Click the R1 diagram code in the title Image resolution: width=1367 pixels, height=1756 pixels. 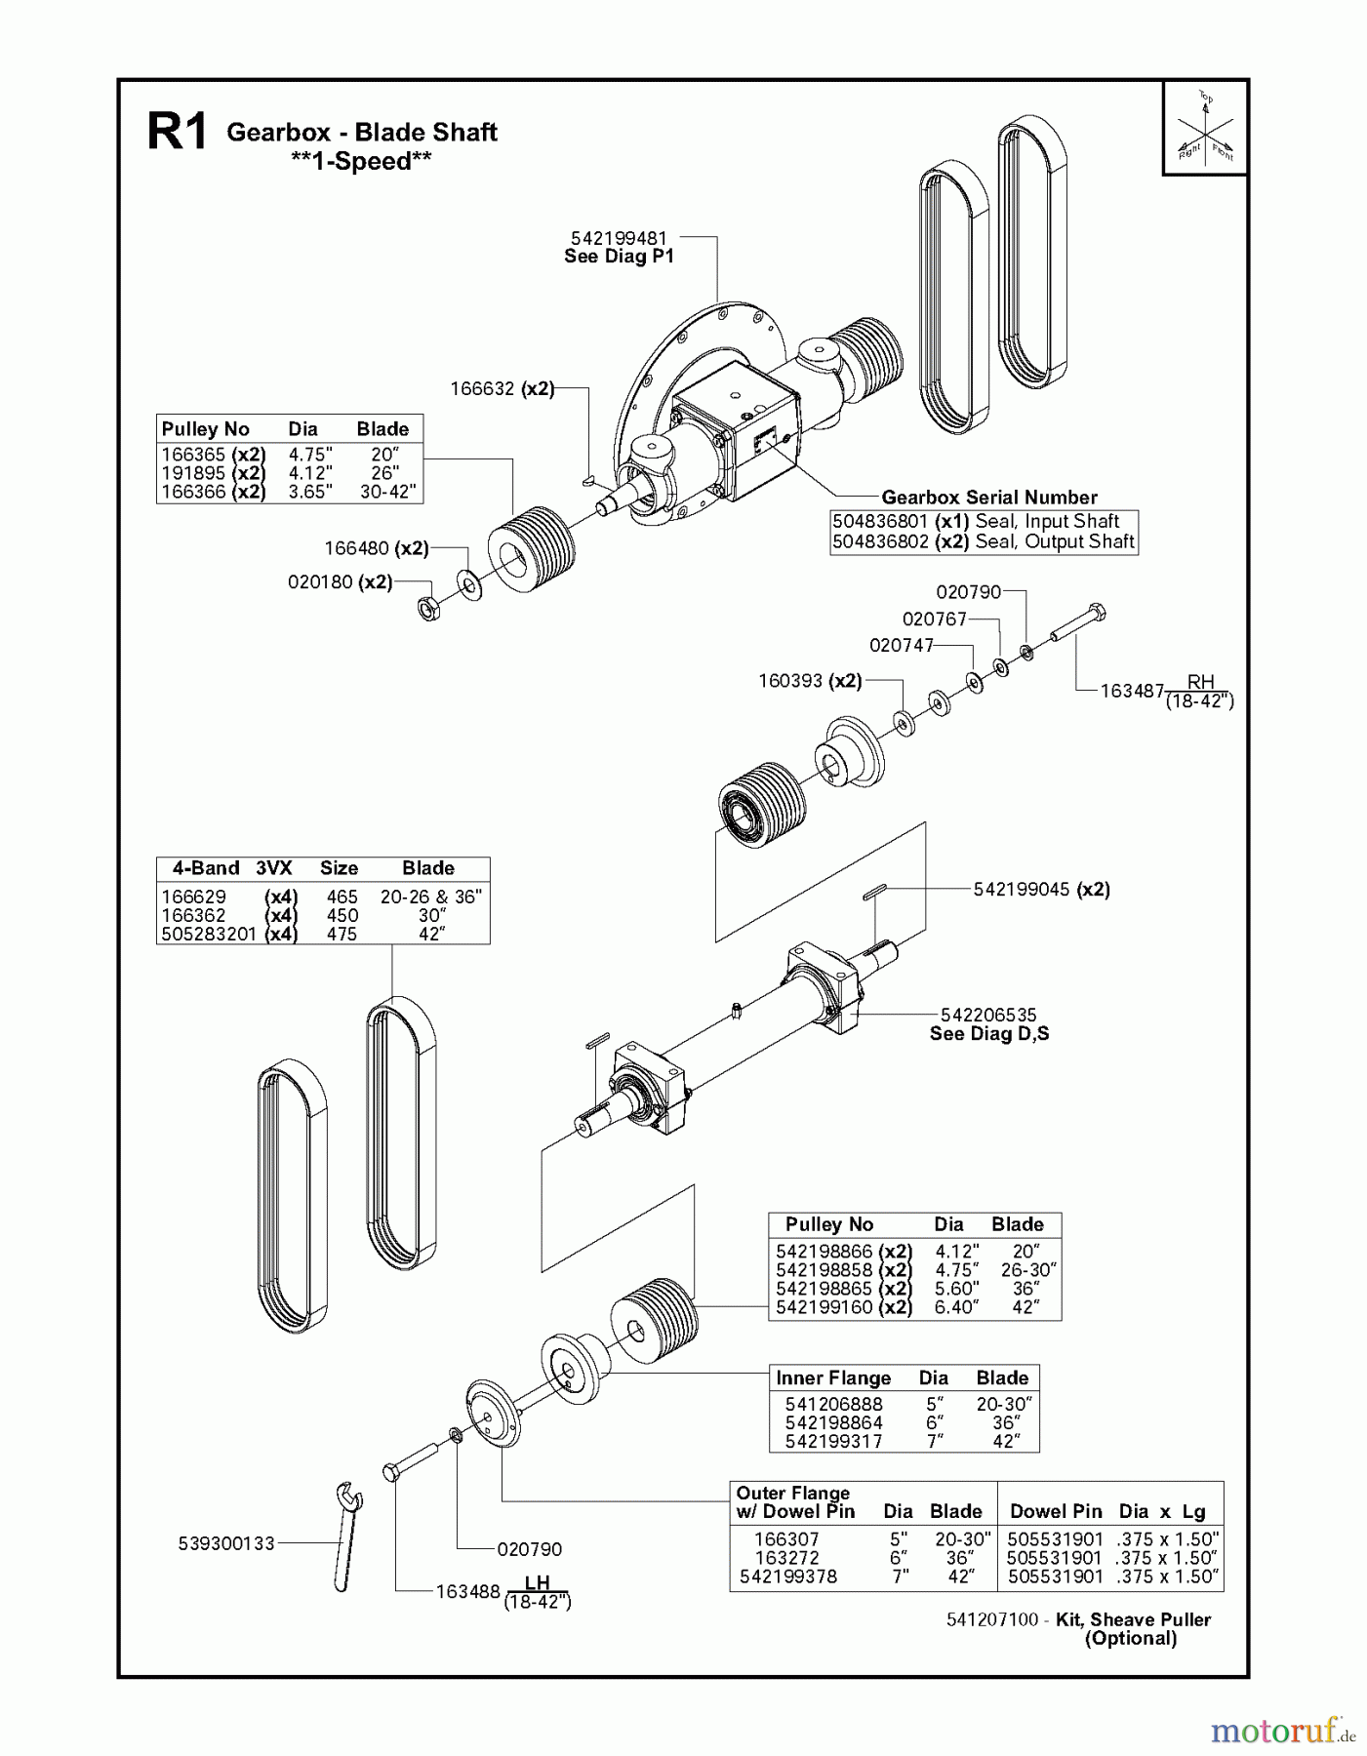[x=177, y=133]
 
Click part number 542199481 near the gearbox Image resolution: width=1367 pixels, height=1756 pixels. [x=620, y=238]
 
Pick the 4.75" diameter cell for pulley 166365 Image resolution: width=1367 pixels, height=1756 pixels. [x=309, y=455]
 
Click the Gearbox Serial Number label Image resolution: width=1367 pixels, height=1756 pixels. [x=988, y=498]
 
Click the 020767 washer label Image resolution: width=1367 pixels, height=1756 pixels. [x=934, y=619]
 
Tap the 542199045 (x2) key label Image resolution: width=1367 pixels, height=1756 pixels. [x=1041, y=889]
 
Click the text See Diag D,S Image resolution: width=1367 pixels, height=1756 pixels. [x=988, y=1034]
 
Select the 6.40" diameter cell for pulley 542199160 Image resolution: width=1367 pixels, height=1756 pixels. [x=955, y=1307]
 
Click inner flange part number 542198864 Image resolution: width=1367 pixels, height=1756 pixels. [x=833, y=1422]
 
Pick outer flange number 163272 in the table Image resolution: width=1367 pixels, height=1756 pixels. [x=786, y=1558]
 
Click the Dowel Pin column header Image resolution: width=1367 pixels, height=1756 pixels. [x=1056, y=1511]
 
